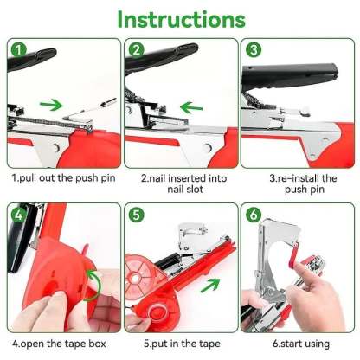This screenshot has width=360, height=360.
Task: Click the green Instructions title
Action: [180, 18]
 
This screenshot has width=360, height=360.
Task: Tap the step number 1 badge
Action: [18, 49]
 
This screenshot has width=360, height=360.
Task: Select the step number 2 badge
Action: [135, 49]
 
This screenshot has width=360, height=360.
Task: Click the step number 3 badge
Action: [252, 49]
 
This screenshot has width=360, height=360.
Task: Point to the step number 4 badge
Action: [18, 214]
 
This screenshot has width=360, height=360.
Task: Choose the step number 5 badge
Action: [135, 214]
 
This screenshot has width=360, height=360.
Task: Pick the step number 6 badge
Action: [252, 214]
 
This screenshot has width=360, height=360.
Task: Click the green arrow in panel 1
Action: [53, 106]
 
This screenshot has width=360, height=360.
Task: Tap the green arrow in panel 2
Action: [193, 110]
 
